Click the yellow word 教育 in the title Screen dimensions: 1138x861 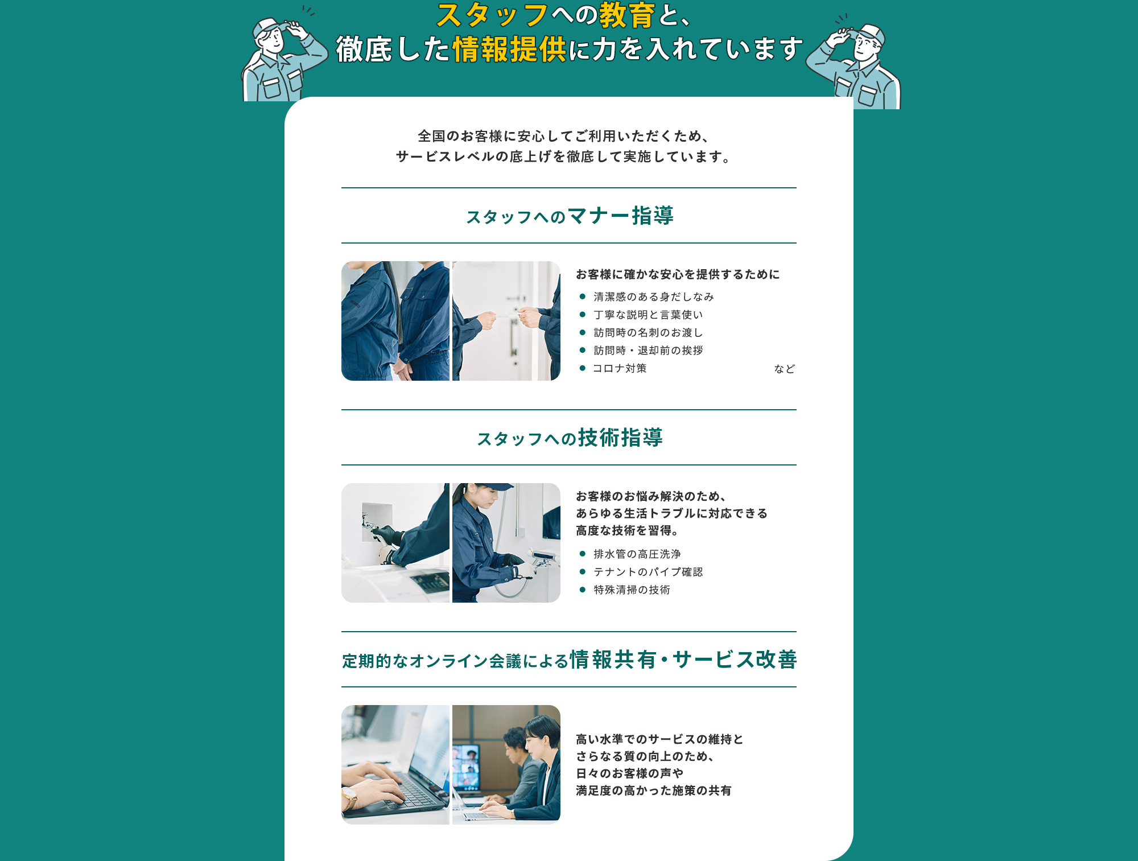pos(627,15)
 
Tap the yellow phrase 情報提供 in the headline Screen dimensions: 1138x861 pos(509,49)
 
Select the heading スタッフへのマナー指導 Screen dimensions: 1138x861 pos(570,216)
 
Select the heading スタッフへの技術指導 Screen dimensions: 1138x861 pos(570,438)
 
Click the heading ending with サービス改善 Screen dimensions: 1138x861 pos(569,660)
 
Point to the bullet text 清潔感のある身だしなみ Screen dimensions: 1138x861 pos(654,296)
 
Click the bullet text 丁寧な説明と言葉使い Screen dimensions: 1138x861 pos(648,315)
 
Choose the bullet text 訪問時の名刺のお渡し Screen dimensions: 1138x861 pos(648,332)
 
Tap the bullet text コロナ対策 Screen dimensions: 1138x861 pos(620,368)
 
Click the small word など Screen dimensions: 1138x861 pos(785,369)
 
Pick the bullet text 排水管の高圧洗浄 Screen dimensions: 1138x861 pos(637,554)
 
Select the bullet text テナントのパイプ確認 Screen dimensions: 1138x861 pos(648,572)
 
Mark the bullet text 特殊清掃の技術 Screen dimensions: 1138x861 pos(632,590)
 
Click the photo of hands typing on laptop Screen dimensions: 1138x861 pos(395,765)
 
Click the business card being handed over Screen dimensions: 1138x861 pos(507,314)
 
